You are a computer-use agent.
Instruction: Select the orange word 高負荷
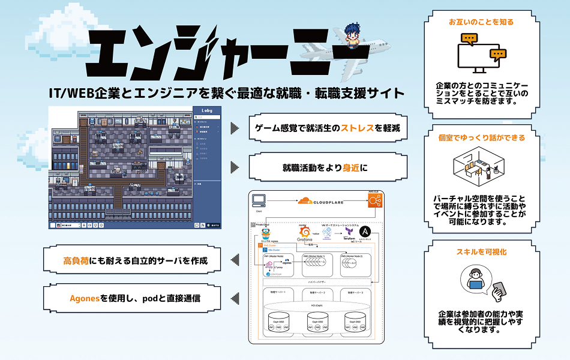tap(76, 260)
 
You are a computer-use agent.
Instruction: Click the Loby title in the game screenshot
tap(207, 110)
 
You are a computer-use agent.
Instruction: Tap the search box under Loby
tap(207, 117)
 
